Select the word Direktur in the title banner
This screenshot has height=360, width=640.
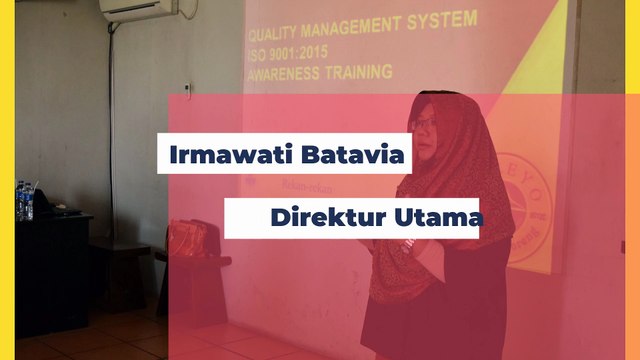pos(321,217)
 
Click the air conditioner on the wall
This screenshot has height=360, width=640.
pos(139,10)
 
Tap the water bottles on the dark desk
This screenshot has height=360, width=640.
pos(24,201)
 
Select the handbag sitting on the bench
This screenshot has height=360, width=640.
pos(187,239)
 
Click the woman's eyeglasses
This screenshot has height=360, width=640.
pos(424,122)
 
